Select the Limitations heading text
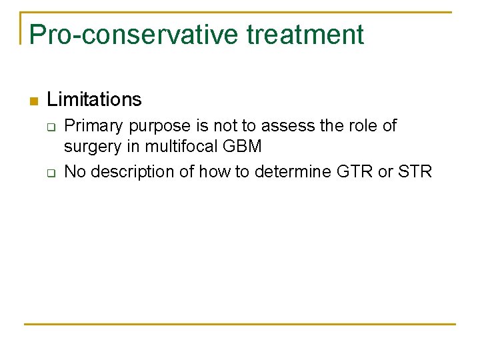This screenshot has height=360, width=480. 94,100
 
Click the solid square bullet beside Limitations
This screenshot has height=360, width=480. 33,101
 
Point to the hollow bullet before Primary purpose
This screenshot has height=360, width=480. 49,127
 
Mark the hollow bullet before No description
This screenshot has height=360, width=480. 49,173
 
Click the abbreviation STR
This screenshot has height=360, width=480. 415,171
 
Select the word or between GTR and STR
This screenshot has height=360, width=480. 385,171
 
